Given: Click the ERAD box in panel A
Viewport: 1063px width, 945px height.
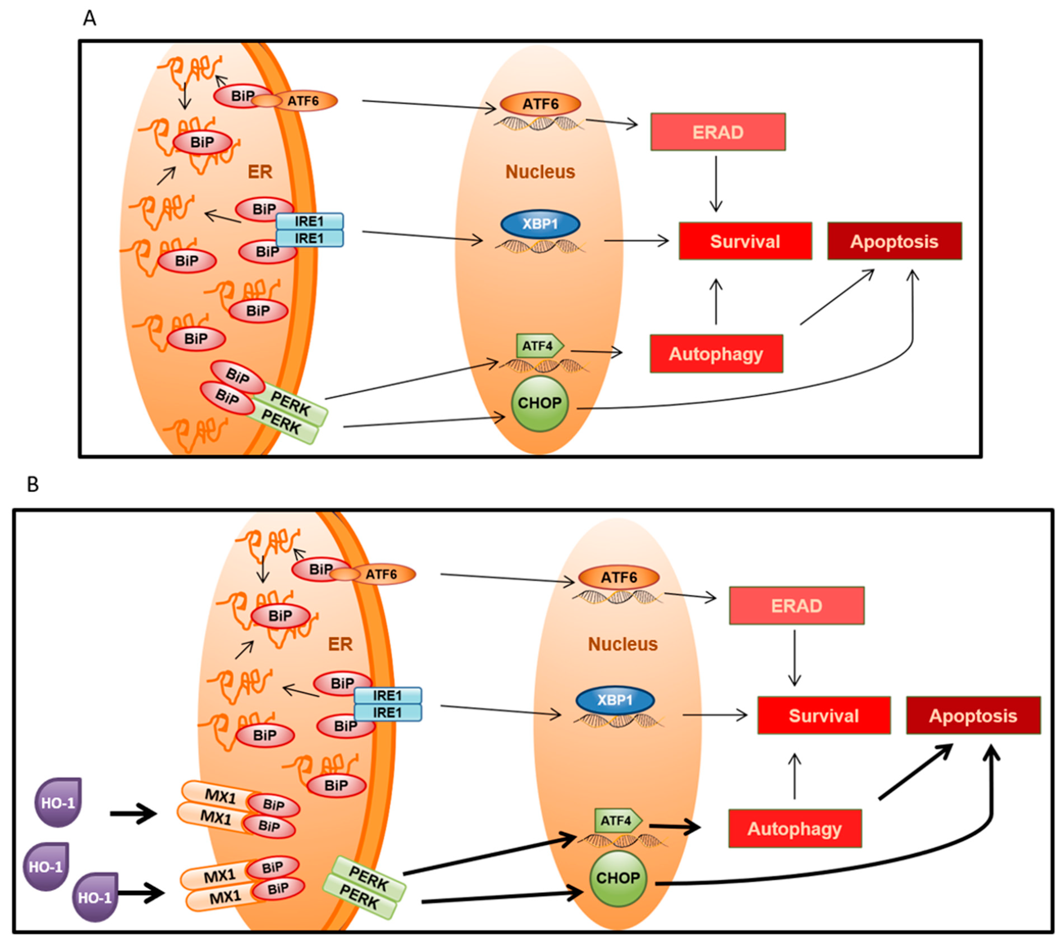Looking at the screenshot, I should click(x=718, y=132).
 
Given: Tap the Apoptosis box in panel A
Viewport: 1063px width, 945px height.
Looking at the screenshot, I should click(x=894, y=241).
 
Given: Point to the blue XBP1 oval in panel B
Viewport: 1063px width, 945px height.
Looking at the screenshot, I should click(x=615, y=700).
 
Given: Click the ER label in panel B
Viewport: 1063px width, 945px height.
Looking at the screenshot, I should click(x=340, y=644).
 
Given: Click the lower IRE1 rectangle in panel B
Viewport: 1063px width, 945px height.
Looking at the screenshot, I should click(x=388, y=713).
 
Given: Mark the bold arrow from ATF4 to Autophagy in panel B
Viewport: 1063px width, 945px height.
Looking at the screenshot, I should click(x=675, y=827).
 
